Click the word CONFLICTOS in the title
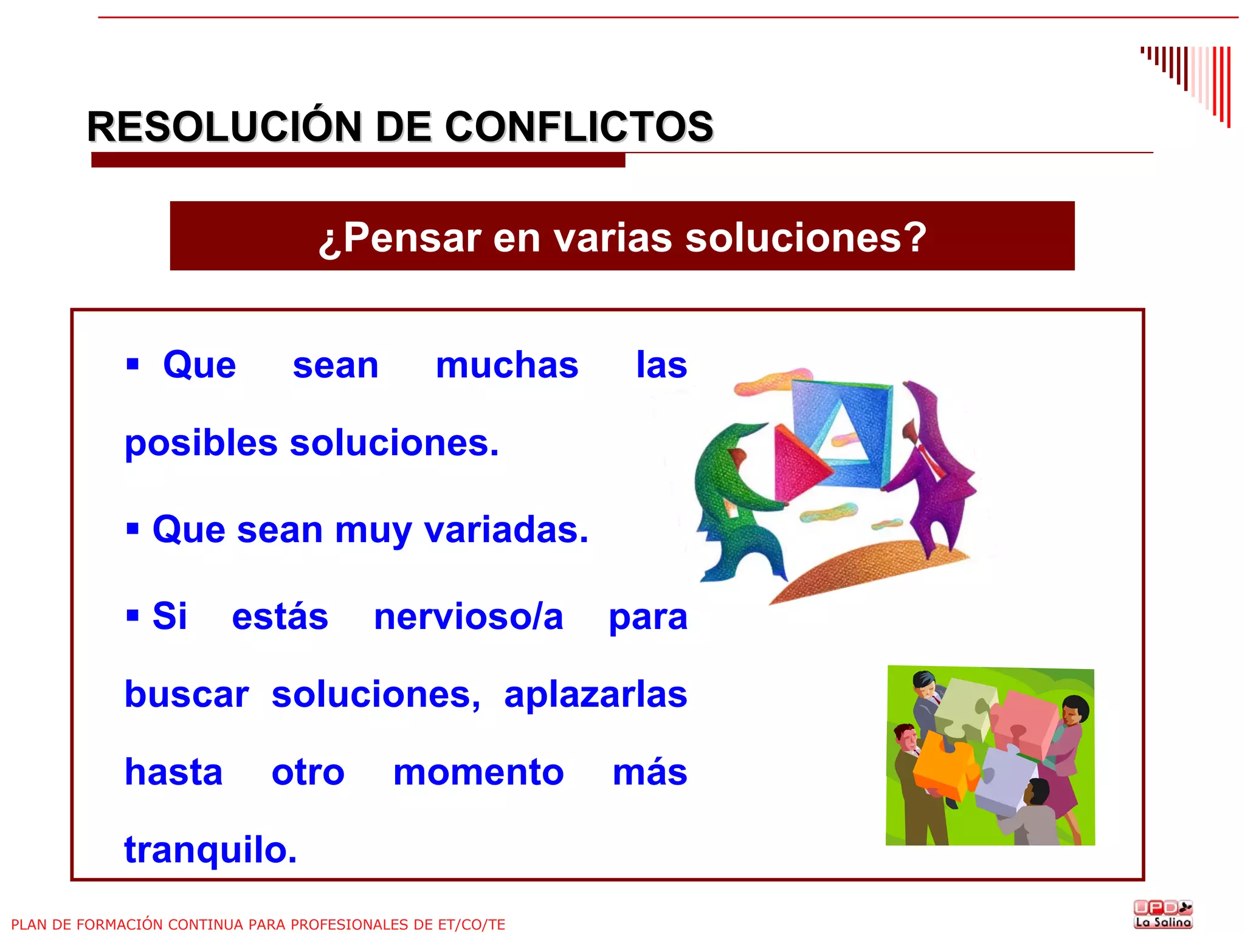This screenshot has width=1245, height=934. [579, 127]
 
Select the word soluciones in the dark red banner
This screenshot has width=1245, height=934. [805, 237]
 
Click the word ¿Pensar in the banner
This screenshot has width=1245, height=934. [400, 237]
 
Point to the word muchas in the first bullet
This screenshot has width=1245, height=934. [507, 365]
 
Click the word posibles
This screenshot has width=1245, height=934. [201, 443]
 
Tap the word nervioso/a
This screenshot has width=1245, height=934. [468, 617]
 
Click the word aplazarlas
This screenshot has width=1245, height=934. [595, 695]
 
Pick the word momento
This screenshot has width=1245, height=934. [478, 772]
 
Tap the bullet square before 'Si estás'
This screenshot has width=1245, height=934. [133, 616]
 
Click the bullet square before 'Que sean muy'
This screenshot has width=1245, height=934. [133, 529]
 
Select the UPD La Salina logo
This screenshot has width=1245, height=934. [1163, 914]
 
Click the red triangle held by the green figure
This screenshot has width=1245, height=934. [798, 463]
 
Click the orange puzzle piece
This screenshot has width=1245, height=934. [944, 764]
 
